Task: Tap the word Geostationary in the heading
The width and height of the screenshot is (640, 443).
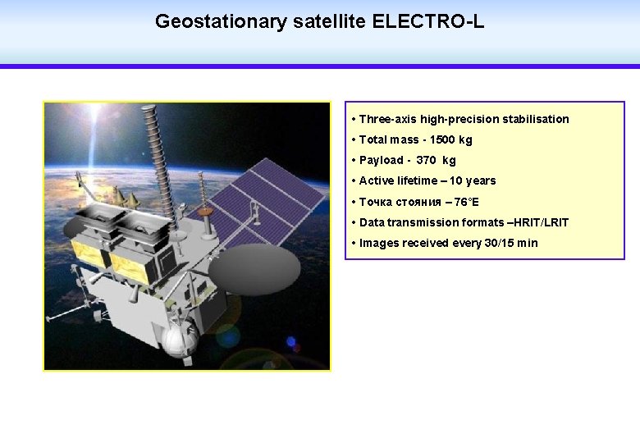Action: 221,21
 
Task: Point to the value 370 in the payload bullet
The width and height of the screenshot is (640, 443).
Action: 426,161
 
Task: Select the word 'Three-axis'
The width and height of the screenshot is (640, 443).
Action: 388,119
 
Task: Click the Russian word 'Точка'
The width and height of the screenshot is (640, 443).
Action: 377,202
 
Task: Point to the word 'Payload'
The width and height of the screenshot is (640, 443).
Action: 382,161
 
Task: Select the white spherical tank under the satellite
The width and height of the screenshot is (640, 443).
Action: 178,340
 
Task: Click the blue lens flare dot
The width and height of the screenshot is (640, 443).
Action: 290,342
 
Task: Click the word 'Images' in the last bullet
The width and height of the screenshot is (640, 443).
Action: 379,243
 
